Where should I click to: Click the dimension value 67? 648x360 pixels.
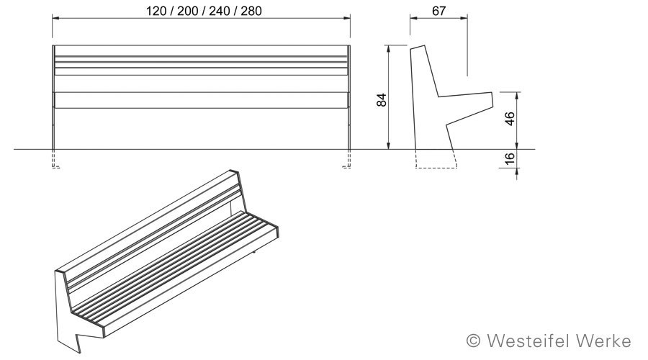(439, 10)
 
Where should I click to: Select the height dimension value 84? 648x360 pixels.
(382, 100)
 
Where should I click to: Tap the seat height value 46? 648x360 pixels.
(510, 119)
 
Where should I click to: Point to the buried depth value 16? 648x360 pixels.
(510, 158)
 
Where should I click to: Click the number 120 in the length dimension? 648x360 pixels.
(156, 11)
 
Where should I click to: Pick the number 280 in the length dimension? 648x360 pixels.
(251, 11)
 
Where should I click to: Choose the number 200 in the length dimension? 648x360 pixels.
(187, 11)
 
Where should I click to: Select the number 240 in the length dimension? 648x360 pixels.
(220, 11)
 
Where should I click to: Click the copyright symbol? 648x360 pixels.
(474, 341)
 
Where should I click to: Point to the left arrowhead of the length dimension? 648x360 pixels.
(55, 18)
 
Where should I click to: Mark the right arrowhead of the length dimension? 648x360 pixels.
(346, 18)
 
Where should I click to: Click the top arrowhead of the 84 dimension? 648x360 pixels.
(388, 49)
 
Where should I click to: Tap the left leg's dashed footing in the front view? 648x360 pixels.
(55, 158)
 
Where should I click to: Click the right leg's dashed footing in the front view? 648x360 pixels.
(348, 158)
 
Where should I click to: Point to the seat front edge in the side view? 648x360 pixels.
(492, 99)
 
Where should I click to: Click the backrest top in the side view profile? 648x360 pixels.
(418, 48)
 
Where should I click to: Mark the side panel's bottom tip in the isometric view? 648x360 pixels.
(79, 353)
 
